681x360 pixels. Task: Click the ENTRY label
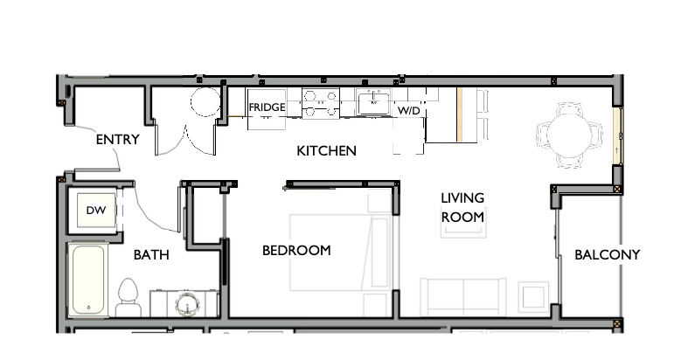[117, 139]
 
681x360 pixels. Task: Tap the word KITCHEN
[326, 151]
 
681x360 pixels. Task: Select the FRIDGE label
[267, 108]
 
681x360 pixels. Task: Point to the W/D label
[409, 112]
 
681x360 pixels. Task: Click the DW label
[94, 210]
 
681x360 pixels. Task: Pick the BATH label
[151, 255]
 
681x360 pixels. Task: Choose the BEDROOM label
[296, 251]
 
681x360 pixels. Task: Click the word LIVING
[462, 198]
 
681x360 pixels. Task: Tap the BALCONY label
[607, 255]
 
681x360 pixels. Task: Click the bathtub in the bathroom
[88, 280]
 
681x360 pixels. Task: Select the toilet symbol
[129, 297]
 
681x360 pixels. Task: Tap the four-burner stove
[321, 104]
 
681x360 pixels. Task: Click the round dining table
[569, 134]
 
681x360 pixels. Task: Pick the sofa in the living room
[462, 297]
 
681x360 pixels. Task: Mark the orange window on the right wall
[617, 136]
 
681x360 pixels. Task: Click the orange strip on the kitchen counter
[457, 114]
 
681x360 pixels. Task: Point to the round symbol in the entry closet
[206, 102]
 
